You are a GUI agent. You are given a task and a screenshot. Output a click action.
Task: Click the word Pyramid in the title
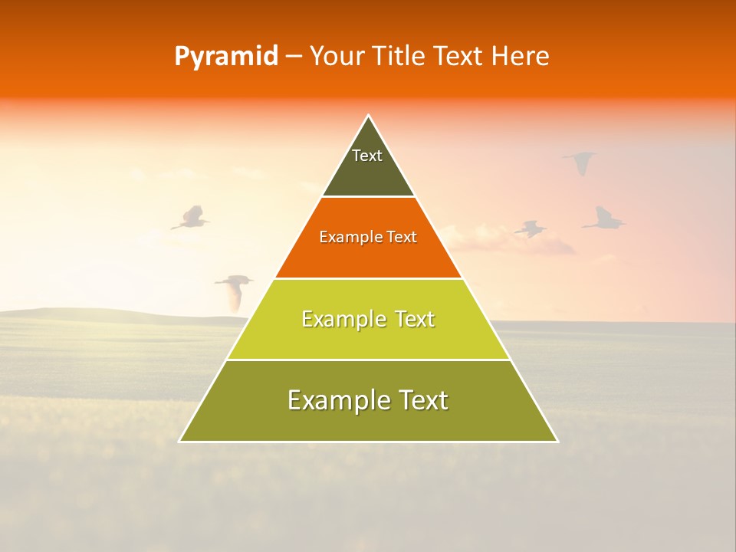pos(226,57)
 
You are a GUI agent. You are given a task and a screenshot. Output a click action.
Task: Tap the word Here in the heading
pos(520,57)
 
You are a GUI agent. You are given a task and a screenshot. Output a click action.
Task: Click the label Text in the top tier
pos(367,156)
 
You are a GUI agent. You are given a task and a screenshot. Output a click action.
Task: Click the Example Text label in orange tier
pos(368,237)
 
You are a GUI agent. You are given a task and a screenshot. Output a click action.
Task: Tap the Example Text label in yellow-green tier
pos(368,319)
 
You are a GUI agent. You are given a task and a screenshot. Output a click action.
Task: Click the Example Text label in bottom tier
pos(368,400)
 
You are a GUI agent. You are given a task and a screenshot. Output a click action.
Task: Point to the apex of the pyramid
pos(369,117)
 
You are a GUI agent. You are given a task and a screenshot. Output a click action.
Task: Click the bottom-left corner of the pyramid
pos(180,441)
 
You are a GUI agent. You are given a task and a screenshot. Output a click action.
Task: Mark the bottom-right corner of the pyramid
pos(557,441)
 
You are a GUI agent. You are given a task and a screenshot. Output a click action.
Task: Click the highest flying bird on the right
pos(581,161)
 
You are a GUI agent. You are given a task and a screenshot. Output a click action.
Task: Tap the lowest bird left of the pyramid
pos(235,288)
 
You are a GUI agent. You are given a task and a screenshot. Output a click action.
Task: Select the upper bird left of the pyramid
pos(190,218)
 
